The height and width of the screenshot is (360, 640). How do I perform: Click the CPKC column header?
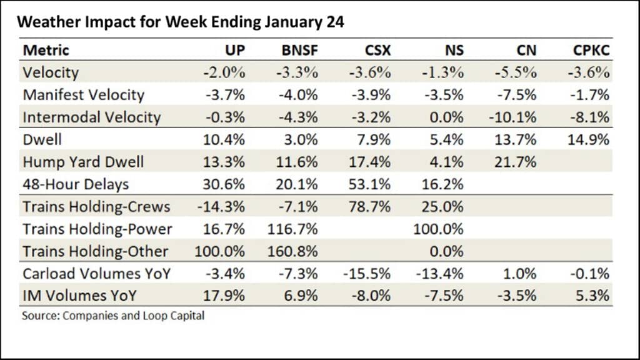click(x=590, y=50)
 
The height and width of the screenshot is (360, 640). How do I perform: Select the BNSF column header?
click(x=300, y=50)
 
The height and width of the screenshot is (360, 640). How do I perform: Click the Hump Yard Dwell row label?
click(x=83, y=162)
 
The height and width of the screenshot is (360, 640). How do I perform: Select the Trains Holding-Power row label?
click(x=97, y=229)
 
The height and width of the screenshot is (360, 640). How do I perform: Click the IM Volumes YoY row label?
click(x=80, y=296)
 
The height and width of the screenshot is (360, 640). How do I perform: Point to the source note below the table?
click(x=113, y=316)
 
